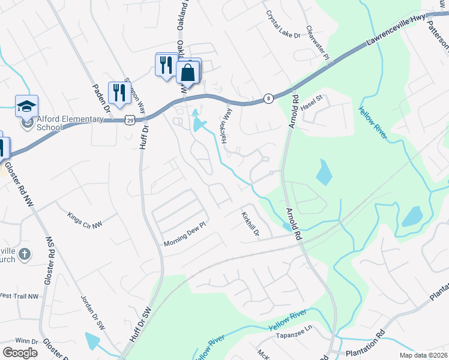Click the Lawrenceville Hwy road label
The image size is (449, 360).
tap(398, 34)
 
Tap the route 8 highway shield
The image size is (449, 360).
tap(268, 98)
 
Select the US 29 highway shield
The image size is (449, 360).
tap(130, 120)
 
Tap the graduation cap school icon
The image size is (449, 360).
tap(26, 106)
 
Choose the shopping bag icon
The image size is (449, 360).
tap(188, 73)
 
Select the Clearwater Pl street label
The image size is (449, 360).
tap(318, 43)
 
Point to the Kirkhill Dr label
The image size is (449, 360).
tap(250, 223)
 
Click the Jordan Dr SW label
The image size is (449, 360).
tap(93, 312)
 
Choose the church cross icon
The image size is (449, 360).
tap(25, 254)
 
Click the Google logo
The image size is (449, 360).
tap(20, 352)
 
